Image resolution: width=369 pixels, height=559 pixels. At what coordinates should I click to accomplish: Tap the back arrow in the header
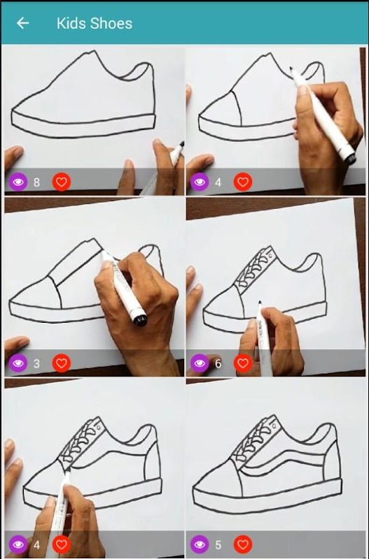pyautogui.click(x=22, y=23)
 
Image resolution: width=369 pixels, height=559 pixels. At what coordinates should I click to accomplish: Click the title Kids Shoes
pyautogui.click(x=95, y=24)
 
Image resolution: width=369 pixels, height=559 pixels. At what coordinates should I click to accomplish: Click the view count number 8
pyautogui.click(x=36, y=182)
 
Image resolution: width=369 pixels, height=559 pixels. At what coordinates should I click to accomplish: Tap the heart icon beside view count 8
pyautogui.click(x=62, y=182)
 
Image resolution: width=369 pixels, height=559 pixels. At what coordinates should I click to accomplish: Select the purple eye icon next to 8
pyautogui.click(x=18, y=182)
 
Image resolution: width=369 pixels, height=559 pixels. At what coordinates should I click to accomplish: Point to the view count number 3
pyautogui.click(x=36, y=363)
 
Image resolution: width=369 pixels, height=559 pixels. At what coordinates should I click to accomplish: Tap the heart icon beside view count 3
pyautogui.click(x=62, y=363)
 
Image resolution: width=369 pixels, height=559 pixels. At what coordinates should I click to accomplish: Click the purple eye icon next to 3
pyautogui.click(x=18, y=363)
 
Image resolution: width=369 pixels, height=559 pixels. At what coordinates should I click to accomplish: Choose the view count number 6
pyautogui.click(x=218, y=363)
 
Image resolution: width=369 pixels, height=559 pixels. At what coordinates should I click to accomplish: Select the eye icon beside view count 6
pyautogui.click(x=200, y=363)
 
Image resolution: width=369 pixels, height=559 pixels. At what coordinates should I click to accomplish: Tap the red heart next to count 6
pyautogui.click(x=243, y=363)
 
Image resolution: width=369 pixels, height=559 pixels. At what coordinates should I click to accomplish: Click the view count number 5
pyautogui.click(x=218, y=545)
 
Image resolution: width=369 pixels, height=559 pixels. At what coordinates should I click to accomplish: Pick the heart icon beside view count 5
pyautogui.click(x=243, y=544)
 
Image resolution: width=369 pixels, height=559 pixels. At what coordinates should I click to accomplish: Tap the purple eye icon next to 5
pyautogui.click(x=200, y=544)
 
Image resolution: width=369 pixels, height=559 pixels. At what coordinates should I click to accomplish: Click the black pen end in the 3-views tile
pyautogui.click(x=140, y=319)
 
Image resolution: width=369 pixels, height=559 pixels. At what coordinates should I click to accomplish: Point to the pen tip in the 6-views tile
pyautogui.click(x=260, y=303)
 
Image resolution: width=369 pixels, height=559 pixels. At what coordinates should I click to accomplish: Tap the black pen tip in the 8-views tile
pyautogui.click(x=182, y=144)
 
